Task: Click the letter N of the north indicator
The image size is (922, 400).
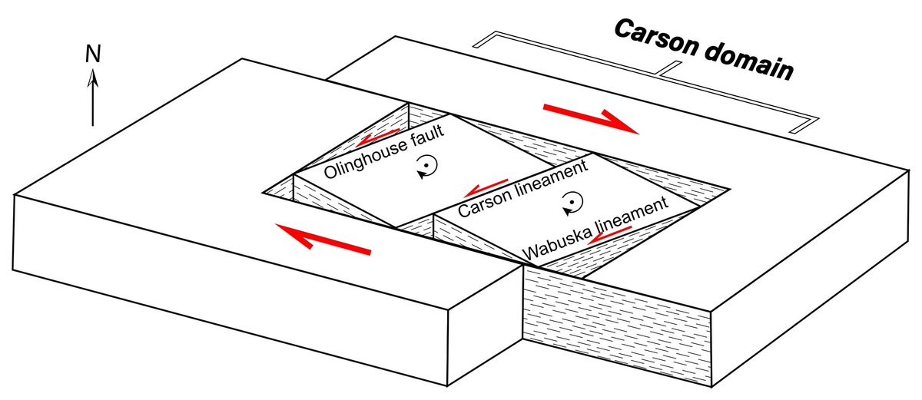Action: tap(93, 54)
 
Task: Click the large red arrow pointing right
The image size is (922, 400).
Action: tap(592, 119)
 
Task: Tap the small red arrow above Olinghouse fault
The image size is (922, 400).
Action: tap(377, 137)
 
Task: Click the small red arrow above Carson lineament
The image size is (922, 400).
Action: tap(486, 188)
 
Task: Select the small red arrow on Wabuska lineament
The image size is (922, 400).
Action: tap(609, 235)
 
